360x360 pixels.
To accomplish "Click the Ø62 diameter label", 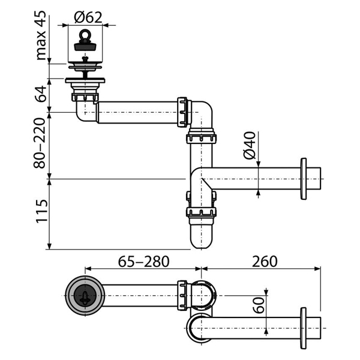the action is point(88,17).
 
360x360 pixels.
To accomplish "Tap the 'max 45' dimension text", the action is point(41,35).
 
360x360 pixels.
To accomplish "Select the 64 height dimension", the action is point(41,94).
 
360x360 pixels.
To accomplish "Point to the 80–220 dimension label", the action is point(40,143).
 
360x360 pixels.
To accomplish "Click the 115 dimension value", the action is point(41,211).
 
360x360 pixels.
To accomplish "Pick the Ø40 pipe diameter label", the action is point(250,145).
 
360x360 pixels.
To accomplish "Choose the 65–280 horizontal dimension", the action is point(144,262).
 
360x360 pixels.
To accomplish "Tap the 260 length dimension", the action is point(265,262).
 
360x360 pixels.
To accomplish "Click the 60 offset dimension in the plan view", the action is point(259,305).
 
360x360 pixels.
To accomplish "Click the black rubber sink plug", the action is point(85,46).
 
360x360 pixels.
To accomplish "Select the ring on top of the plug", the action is point(85,34).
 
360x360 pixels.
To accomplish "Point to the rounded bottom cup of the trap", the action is point(202,236).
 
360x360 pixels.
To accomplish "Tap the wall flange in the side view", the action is point(304,179).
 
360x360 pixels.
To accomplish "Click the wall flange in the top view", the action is point(303,328).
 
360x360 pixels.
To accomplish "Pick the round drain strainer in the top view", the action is point(85,295).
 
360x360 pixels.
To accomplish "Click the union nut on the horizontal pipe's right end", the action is point(182,112).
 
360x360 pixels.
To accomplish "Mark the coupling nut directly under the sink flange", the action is point(85,97).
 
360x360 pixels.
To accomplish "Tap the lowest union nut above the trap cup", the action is point(202,212).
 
